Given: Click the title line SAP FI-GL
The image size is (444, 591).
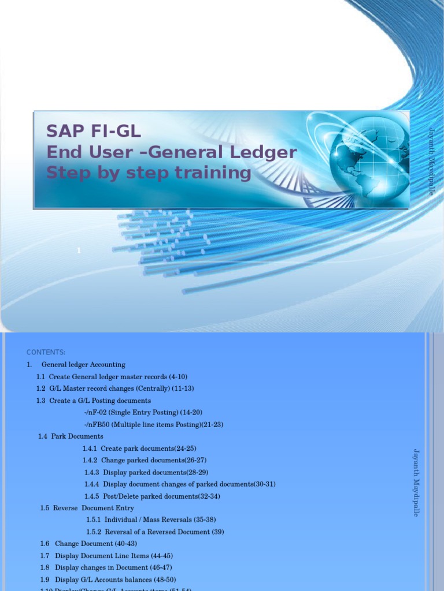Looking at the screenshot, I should [x=94, y=132].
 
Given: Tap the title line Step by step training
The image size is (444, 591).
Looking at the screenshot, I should [x=149, y=173].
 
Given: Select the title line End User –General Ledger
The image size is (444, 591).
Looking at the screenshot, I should [x=171, y=152].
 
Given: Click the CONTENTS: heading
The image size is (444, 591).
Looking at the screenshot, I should [x=46, y=353].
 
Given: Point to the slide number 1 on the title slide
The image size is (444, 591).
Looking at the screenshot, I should [x=79, y=250].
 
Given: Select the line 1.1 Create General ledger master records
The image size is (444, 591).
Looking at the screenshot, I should [x=112, y=376].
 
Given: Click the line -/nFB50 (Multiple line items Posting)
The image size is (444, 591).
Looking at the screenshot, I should [x=153, y=424].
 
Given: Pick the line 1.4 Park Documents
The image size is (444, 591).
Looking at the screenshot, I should [x=71, y=436].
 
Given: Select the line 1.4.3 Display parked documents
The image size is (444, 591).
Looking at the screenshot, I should [x=142, y=472].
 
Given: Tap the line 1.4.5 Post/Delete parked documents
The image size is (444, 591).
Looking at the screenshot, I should [x=152, y=496].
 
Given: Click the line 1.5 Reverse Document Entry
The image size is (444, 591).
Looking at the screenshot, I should [x=87, y=508].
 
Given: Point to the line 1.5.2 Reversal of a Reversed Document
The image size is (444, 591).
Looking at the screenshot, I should [x=155, y=532].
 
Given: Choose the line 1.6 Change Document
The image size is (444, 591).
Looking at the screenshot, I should [x=88, y=544].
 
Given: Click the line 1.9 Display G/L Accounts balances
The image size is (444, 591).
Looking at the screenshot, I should [x=108, y=579].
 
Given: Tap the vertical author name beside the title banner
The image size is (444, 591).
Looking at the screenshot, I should [x=431, y=160].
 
